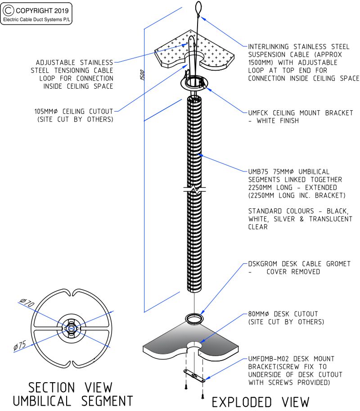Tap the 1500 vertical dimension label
click(141, 74)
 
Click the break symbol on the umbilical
click(194, 190)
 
